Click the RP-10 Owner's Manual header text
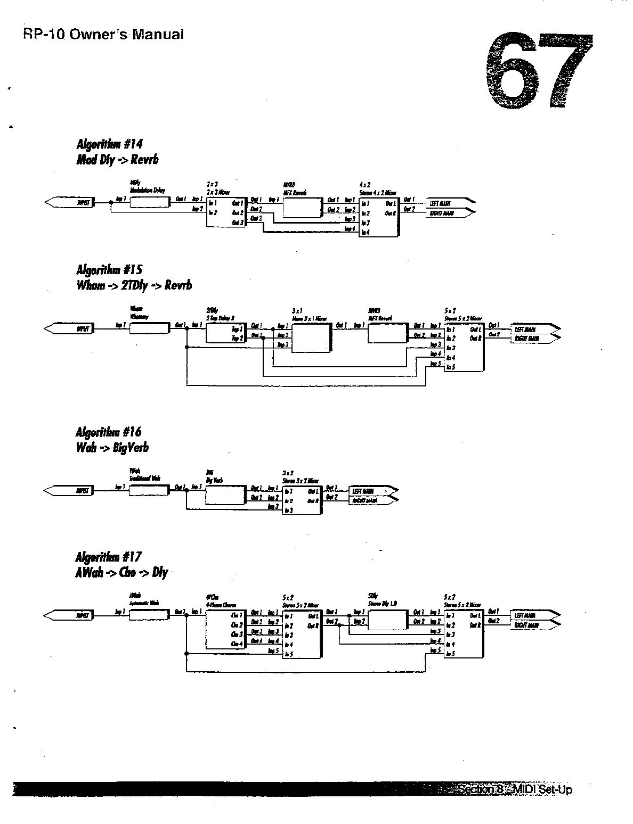tap(103, 35)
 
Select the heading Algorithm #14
tap(110, 144)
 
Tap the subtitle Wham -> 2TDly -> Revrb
tap(134, 285)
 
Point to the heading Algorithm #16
tap(109, 432)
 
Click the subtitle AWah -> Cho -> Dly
tap(122, 573)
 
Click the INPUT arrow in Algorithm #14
tap(70, 202)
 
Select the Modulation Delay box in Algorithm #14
tap(149, 202)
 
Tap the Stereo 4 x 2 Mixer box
tap(378, 217)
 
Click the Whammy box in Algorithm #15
tap(149, 328)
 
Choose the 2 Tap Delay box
tap(225, 334)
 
